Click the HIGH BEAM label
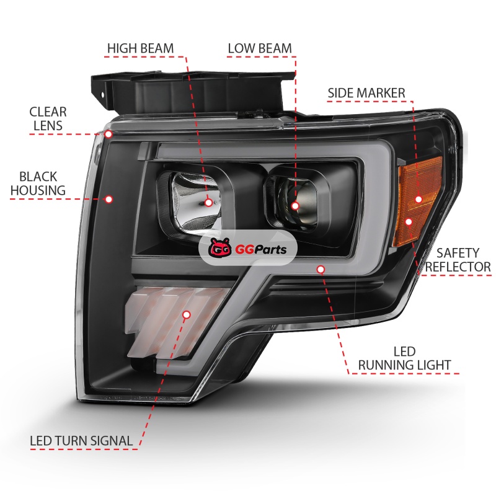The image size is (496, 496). [x=141, y=48]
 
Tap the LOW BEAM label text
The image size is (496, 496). [x=260, y=48]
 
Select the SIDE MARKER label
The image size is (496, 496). [x=366, y=93]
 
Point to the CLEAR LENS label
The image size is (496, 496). [x=48, y=118]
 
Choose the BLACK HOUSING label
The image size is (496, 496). [x=38, y=184]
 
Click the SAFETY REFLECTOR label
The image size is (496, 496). [x=458, y=260]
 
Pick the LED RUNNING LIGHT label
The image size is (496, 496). [x=404, y=358]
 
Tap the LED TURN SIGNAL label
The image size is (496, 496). [x=81, y=441]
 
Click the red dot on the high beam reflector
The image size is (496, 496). [x=208, y=203]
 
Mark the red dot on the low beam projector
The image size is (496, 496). [x=295, y=206]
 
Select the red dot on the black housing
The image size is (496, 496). [x=109, y=199]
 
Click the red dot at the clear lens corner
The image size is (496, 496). [x=108, y=134]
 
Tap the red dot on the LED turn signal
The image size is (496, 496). [x=187, y=314]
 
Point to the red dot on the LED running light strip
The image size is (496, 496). [x=321, y=270]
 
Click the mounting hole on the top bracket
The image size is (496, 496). [x=102, y=95]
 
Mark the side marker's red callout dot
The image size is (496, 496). [x=418, y=199]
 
